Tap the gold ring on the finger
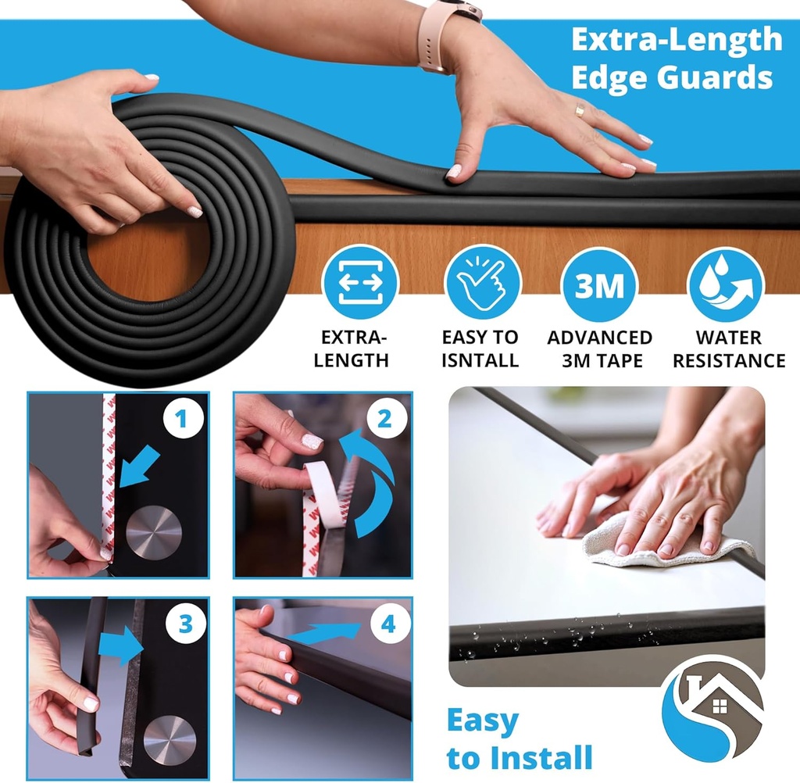click(x=580, y=110)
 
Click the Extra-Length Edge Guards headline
click(x=676, y=59)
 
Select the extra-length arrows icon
click(x=360, y=283)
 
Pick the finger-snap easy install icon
click(x=482, y=283)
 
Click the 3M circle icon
click(x=600, y=284)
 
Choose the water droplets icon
click(x=725, y=284)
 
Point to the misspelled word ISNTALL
click(x=480, y=360)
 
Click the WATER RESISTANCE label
click(x=729, y=349)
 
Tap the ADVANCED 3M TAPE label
click(x=599, y=349)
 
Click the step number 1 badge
click(x=181, y=421)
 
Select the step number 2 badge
click(x=384, y=420)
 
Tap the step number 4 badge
click(x=387, y=625)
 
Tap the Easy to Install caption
click(x=519, y=739)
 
